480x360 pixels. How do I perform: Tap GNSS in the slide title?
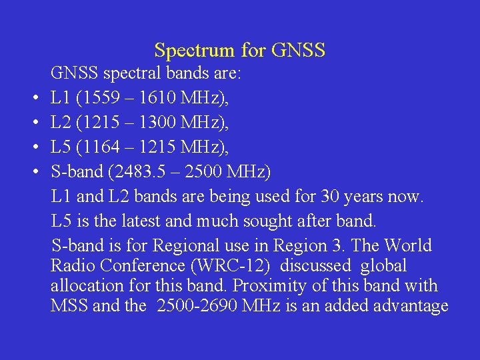299,51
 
